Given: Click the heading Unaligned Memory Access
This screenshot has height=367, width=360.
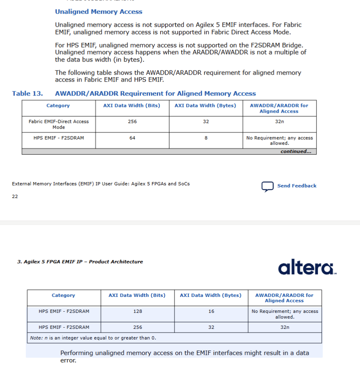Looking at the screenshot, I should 99,11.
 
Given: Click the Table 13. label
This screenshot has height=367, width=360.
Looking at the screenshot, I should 27,93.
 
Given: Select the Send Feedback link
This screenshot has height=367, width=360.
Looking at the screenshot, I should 297,186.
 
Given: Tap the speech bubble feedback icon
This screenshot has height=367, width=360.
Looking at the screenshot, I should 267,186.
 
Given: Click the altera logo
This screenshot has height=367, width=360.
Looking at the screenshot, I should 307,267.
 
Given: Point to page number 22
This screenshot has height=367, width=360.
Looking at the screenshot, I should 15,196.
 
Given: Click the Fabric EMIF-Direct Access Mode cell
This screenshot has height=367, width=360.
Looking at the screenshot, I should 59,124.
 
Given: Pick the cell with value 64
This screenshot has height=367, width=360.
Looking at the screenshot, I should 132,138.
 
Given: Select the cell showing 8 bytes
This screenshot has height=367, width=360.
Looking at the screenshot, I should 206,138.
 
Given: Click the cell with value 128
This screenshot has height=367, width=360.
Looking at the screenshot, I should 138,311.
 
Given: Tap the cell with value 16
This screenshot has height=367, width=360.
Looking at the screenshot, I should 211,311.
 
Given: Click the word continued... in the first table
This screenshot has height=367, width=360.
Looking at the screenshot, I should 296,151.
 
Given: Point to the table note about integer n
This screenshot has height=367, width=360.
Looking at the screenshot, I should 93,338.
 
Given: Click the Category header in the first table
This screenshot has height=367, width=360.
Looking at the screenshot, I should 58,105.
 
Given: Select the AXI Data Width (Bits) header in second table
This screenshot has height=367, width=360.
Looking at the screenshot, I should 137,295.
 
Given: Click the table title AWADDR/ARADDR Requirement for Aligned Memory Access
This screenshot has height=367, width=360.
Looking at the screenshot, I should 155,93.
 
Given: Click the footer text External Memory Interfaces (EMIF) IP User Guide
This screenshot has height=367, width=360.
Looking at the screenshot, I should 101,184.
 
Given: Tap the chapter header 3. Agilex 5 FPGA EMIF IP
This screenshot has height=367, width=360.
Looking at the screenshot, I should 80,262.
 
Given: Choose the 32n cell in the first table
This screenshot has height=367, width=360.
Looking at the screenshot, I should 279,121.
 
